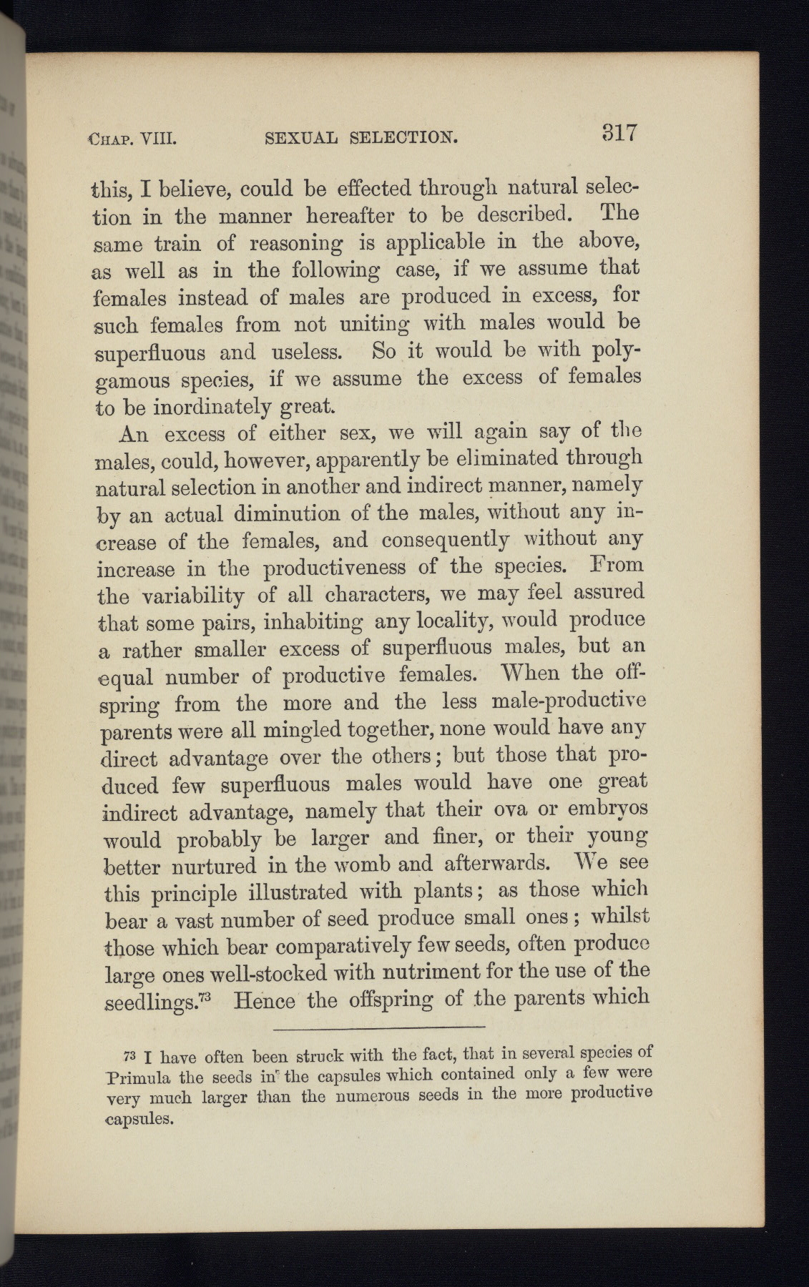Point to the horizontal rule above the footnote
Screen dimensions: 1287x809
tap(379, 1028)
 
